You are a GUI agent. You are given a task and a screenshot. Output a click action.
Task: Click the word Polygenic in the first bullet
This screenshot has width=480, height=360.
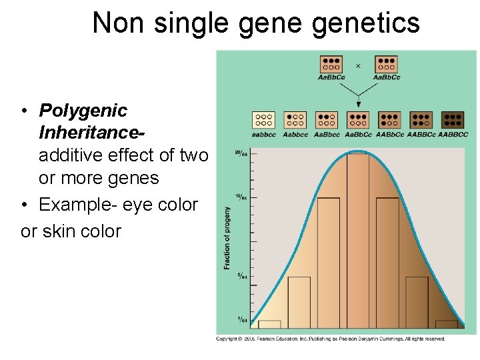point(83,110)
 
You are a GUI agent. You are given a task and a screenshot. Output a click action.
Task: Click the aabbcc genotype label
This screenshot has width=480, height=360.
point(263,134)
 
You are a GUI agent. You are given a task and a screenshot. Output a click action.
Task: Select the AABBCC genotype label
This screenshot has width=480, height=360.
point(453,134)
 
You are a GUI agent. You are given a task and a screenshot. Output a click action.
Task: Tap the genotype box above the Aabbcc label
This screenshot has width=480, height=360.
point(295,119)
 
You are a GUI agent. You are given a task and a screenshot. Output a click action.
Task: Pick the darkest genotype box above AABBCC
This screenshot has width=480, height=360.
point(453,119)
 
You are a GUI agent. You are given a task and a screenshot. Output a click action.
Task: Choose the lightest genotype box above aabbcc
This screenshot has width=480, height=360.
point(263,119)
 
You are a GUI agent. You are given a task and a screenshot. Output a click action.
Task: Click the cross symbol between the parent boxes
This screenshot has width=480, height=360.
point(358,65)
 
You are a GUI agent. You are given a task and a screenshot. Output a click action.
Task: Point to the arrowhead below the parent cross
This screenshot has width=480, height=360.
point(358,103)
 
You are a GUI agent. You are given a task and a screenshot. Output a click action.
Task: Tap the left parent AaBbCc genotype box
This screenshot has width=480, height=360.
point(331,63)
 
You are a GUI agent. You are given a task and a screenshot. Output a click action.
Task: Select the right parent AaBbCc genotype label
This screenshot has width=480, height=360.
point(387,77)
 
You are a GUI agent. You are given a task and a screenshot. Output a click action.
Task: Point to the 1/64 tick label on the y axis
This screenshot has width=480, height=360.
point(243,321)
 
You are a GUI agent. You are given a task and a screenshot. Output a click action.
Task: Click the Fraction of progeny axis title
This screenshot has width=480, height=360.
point(227,238)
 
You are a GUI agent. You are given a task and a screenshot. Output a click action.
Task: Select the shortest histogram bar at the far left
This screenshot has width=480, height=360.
point(269,325)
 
